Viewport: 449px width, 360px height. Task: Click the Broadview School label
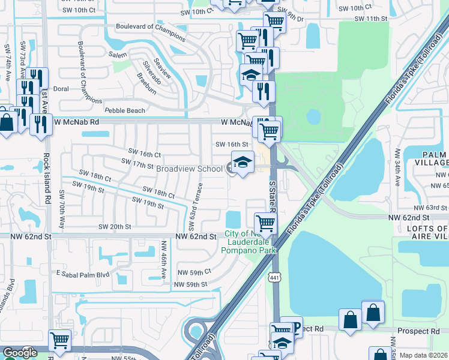pos(189,169)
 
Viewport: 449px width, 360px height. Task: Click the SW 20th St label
pos(114,226)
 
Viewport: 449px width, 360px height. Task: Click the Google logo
pos(20,353)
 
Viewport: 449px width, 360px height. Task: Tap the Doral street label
pos(61,88)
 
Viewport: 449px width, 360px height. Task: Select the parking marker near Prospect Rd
pos(295,328)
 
